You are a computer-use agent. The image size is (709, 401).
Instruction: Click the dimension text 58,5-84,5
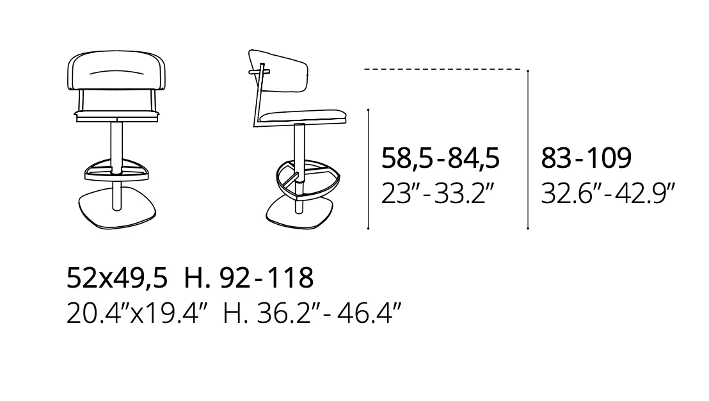(x=440, y=158)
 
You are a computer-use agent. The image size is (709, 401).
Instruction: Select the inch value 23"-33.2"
(x=437, y=193)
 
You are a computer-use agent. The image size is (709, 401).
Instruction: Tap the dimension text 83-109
(x=586, y=158)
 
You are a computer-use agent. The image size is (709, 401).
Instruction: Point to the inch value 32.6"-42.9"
(x=608, y=193)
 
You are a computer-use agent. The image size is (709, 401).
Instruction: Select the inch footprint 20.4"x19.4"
(x=137, y=313)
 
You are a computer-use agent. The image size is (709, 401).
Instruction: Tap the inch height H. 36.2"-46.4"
(x=312, y=313)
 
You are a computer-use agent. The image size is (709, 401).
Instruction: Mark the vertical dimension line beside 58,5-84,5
(x=369, y=169)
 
